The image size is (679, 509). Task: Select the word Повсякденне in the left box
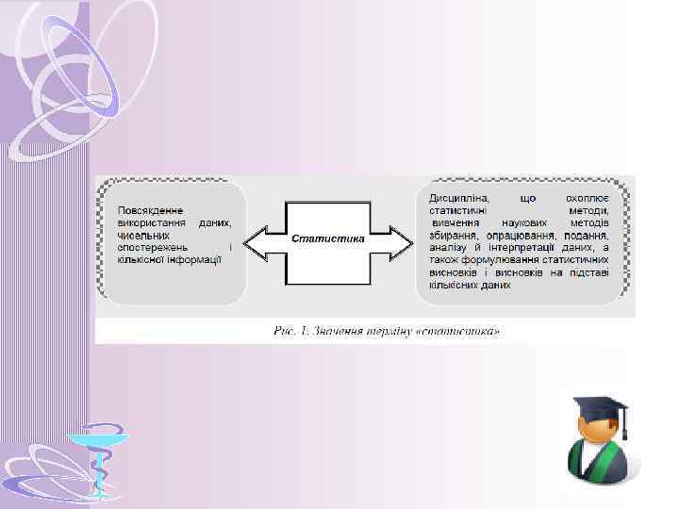pos(151,210)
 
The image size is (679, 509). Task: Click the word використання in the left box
pos(148,222)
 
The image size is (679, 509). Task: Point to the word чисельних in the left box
pos(142,235)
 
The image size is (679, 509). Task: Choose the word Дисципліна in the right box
pos(458,199)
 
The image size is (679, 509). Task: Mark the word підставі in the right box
pos(588,272)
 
